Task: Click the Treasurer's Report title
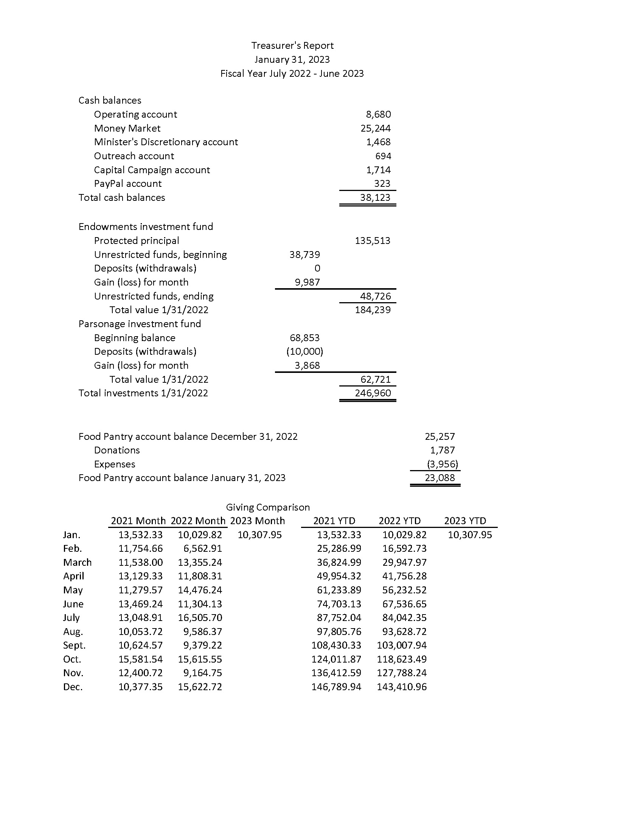292,46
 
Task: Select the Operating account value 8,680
378,114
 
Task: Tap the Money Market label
127,128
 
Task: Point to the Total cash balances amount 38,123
375,197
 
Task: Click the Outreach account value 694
383,156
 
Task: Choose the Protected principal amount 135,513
373,241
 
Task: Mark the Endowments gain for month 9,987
307,282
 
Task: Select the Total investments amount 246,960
373,393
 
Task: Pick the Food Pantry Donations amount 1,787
442,450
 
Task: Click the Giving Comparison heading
268,508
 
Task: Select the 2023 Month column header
258,521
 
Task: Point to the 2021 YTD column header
334,521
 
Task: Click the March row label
77,563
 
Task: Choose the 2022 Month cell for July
200,618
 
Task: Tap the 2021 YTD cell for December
336,687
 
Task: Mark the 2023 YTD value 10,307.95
470,535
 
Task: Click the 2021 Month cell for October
141,659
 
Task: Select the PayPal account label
127,184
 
